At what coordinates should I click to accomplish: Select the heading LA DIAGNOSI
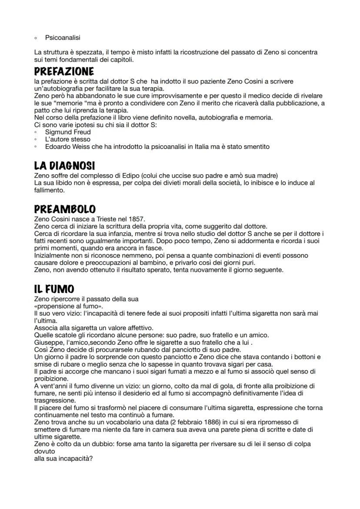[64, 166]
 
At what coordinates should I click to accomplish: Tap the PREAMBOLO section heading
[65, 209]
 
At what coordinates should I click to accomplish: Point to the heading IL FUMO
[54, 289]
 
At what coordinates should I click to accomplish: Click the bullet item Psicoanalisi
[63, 38]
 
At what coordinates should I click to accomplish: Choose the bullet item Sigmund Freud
[68, 132]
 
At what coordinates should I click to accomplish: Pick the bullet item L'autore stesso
[68, 139]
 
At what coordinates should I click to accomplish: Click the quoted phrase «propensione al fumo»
[63, 306]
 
